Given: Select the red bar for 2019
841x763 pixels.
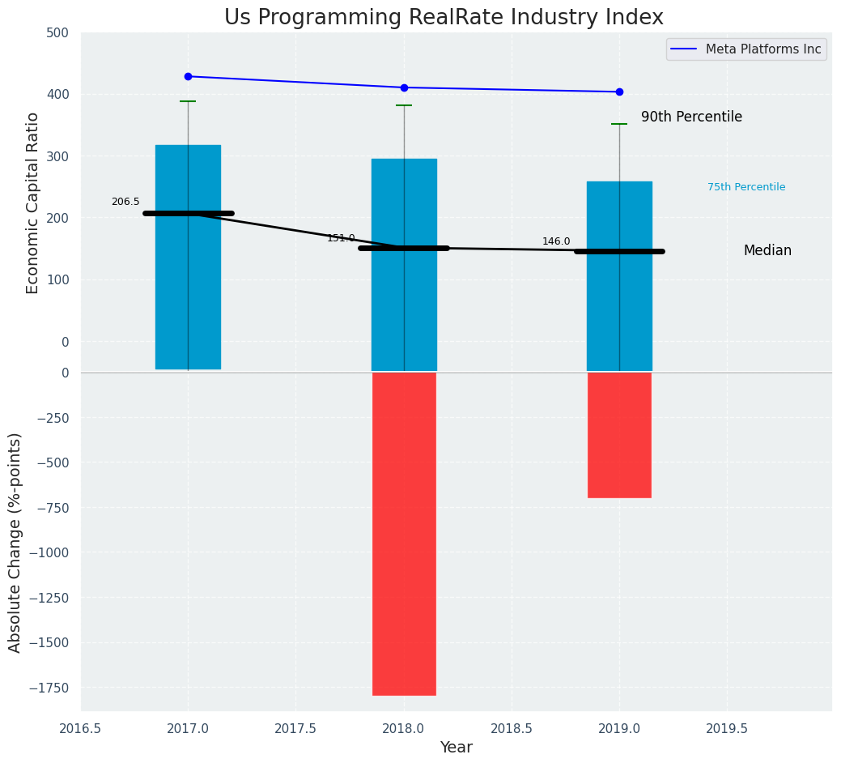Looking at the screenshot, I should [x=619, y=435].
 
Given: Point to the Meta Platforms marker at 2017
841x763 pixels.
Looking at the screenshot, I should [x=188, y=76].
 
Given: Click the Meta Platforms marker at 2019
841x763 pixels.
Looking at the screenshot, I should [x=619, y=92].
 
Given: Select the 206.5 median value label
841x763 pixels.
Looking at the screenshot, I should [x=125, y=202].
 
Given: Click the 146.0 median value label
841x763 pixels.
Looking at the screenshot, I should [x=556, y=241].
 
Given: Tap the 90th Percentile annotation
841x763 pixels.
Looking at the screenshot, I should [x=691, y=117].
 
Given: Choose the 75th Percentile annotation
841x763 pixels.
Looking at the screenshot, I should [x=746, y=187].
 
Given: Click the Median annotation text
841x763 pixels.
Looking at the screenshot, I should [x=767, y=251].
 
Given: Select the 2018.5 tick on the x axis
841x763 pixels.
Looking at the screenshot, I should [x=511, y=728].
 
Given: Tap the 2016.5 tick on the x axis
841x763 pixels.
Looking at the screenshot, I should [x=80, y=728].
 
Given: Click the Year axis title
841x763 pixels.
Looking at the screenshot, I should [x=456, y=748].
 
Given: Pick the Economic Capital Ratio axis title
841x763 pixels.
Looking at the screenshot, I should [x=32, y=202].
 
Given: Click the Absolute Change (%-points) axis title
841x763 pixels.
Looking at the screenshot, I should [x=15, y=542].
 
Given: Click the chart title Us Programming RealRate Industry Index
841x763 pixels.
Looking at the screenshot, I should [x=444, y=17].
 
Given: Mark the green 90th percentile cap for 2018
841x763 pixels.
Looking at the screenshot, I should [x=404, y=105].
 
